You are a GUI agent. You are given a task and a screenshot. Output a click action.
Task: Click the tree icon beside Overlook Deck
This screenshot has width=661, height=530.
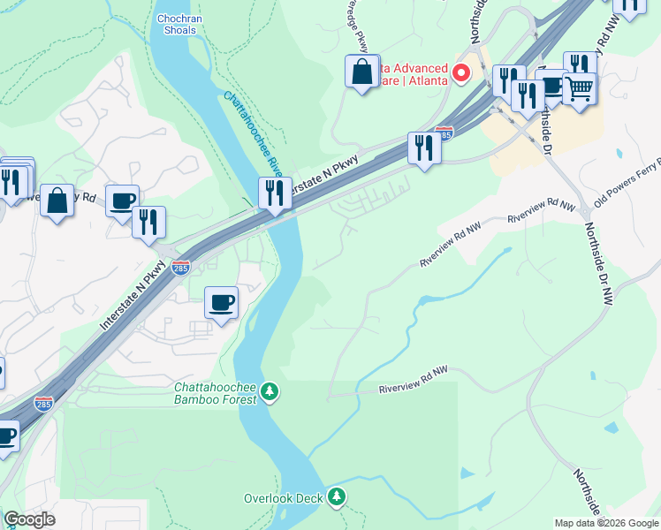tap(336, 498)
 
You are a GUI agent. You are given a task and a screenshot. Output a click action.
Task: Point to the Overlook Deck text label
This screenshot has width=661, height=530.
tap(284, 498)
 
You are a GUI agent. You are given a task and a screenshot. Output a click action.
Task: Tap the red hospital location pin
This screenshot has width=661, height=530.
tap(460, 73)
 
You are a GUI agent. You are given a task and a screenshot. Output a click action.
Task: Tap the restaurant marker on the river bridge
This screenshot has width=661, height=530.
tap(275, 193)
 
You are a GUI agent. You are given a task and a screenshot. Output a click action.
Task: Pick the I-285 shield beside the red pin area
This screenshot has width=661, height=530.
tap(444, 134)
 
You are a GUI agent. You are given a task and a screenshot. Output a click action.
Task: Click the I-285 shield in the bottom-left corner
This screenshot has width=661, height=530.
tap(43, 403)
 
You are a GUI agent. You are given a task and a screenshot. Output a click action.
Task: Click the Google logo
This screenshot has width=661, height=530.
tap(29, 519)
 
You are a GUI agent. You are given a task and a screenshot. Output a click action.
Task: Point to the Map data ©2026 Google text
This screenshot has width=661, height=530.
tap(605, 523)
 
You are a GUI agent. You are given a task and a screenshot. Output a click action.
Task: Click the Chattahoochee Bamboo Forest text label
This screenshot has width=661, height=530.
tap(217, 393)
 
